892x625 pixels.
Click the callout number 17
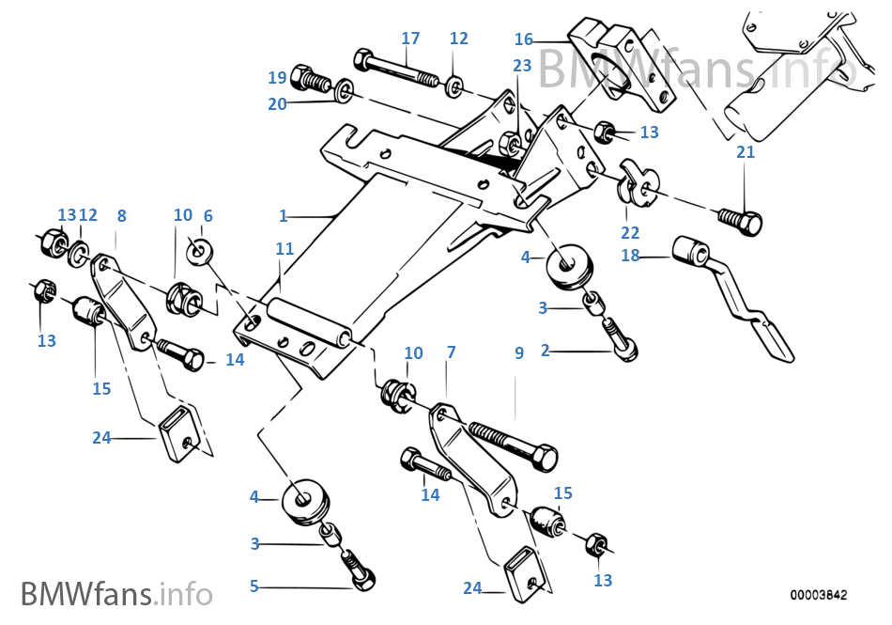[x=410, y=39]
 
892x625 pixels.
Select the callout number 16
[x=523, y=39]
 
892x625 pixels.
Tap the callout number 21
[x=745, y=152]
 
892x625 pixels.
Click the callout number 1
[x=283, y=215]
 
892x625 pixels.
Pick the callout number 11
[x=285, y=249]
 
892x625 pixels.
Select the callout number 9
[x=518, y=353]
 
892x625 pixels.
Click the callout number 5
[x=254, y=586]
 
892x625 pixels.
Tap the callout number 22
[x=629, y=232]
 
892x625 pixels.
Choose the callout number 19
[x=277, y=77]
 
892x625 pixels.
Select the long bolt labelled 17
[x=399, y=69]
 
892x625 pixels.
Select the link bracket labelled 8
[x=122, y=301]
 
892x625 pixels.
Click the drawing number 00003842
[x=818, y=595]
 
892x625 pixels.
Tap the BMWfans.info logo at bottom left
[x=116, y=594]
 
